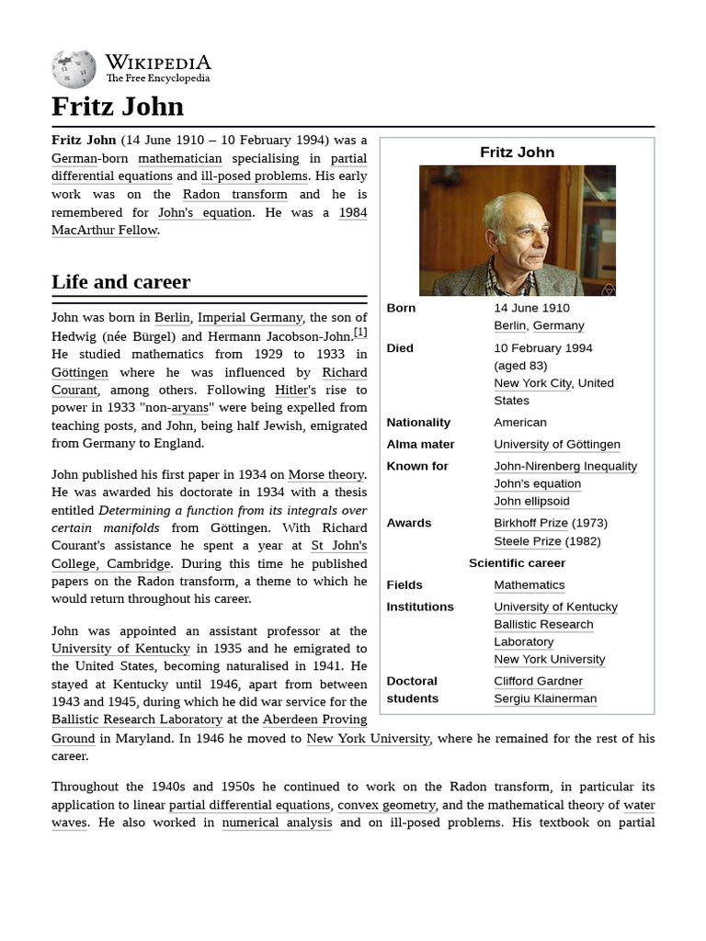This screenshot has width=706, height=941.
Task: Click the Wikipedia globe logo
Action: [x=74, y=68]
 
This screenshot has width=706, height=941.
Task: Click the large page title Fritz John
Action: [x=118, y=107]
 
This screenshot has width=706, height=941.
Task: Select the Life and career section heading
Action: [x=120, y=282]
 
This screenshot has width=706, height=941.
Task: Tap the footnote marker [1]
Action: [x=360, y=333]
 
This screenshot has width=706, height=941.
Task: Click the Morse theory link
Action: [x=325, y=474]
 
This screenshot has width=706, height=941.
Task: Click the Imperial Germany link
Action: [x=250, y=318]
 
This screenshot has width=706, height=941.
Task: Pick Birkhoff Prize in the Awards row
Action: [x=530, y=523]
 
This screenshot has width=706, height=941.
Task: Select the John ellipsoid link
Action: [x=531, y=502]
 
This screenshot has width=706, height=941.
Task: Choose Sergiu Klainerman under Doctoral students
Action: [x=545, y=698]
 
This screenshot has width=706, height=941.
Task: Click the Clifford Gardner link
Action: [x=538, y=681]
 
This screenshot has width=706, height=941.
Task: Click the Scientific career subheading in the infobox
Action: [x=517, y=563]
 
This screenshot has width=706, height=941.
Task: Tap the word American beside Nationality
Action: [x=520, y=423]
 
